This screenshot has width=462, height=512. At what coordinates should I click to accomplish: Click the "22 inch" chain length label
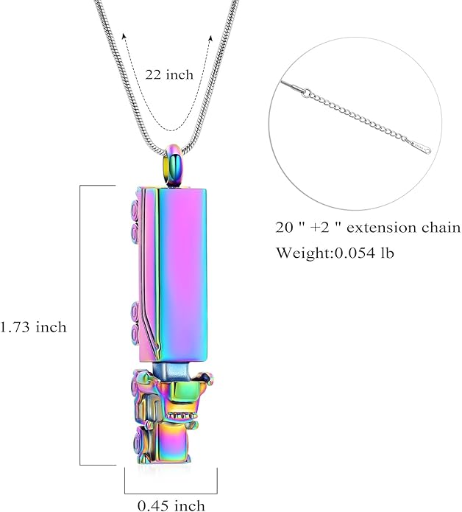169,75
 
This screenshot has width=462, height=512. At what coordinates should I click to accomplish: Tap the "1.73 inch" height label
33,326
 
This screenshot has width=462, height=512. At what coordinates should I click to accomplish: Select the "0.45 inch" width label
171,505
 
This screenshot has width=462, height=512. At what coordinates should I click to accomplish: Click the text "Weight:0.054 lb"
335,253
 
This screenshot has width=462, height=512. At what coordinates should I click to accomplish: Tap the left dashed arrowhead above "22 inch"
124,35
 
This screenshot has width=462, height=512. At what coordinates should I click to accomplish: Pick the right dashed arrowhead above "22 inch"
211,38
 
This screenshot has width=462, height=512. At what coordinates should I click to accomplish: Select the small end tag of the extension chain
419,147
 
